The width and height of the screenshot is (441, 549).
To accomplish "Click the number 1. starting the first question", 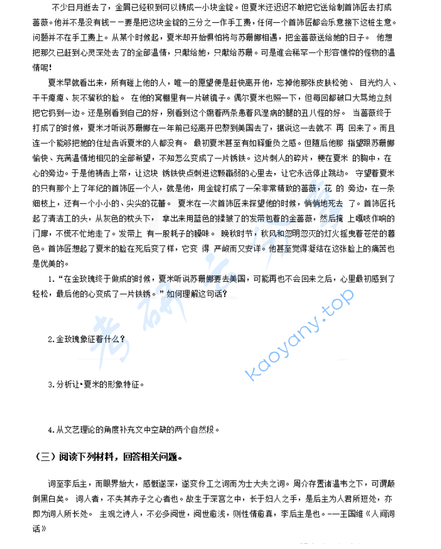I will (x=52, y=278).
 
